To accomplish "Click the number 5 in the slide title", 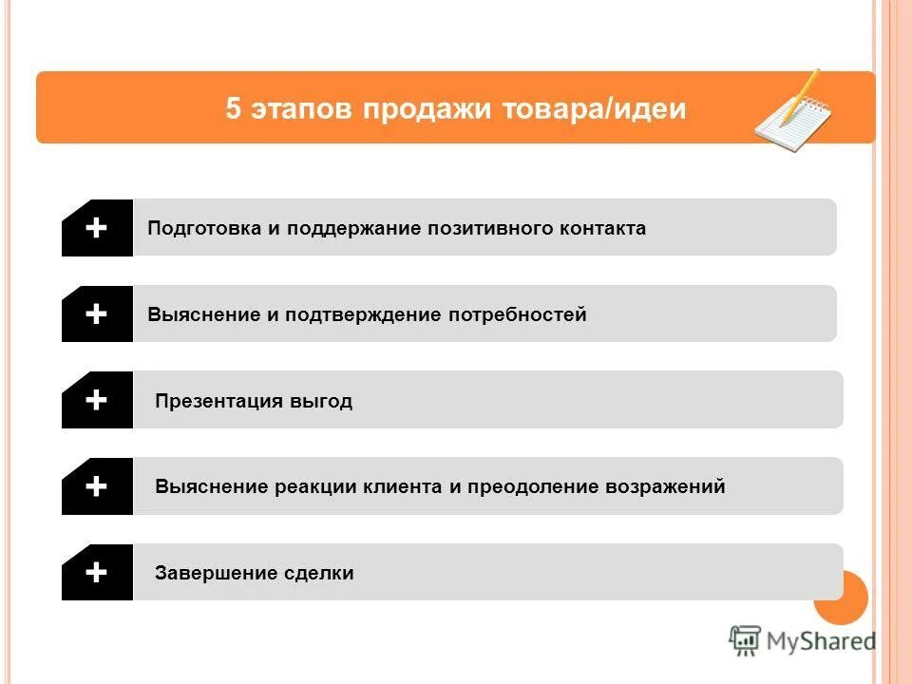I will point(234,108).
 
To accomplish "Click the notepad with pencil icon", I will point(792,109).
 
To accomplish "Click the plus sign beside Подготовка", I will point(96,228).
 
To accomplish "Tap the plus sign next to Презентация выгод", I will point(96,400).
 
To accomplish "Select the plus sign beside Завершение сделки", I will point(96,572).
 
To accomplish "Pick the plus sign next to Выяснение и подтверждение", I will point(96,313).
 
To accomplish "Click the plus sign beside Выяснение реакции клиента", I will point(96,486).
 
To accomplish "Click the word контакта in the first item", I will point(601,229).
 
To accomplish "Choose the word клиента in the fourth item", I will point(406,487).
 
